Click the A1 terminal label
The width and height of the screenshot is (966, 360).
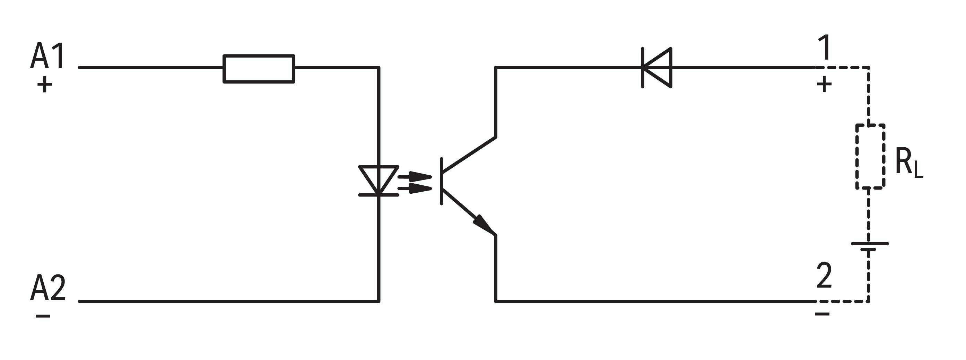(47, 56)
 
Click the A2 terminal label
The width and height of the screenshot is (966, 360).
(48, 288)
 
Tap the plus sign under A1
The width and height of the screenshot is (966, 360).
(45, 85)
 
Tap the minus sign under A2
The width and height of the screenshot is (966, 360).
(43, 316)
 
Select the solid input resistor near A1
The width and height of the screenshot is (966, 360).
(259, 69)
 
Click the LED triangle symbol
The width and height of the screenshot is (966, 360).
(378, 178)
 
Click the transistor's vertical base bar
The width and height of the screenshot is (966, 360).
(441, 182)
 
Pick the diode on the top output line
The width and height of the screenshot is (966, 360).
(657, 68)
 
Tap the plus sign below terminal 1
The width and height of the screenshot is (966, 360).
(824, 85)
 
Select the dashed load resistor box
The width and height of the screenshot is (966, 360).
(870, 156)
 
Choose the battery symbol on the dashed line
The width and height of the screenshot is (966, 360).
(870, 246)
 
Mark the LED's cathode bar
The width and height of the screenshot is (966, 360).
(378, 195)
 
